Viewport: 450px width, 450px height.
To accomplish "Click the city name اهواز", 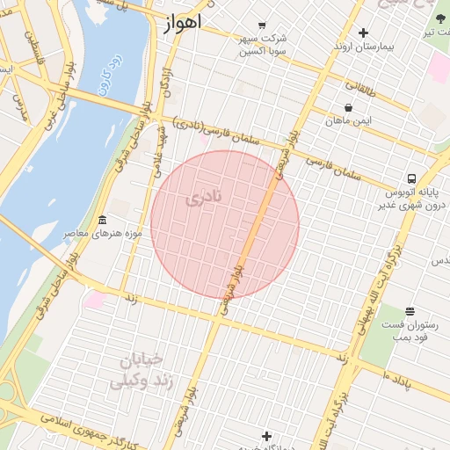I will click(182, 22).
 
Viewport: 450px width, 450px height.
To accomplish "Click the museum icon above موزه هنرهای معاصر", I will click(103, 220).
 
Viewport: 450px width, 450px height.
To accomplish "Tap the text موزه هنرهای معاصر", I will click(92, 235).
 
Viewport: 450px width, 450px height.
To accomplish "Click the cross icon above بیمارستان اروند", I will click(363, 33).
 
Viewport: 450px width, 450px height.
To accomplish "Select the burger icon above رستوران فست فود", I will click(410, 311).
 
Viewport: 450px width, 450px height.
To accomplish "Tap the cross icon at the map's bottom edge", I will click(267, 436).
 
